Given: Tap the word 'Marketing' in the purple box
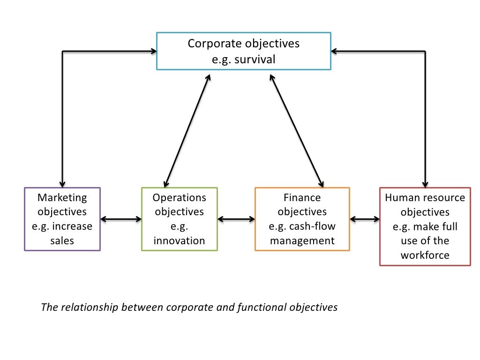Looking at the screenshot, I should click(x=62, y=197).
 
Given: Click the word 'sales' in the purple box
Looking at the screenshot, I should click(x=62, y=241).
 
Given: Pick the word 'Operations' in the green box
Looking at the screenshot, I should click(x=180, y=197).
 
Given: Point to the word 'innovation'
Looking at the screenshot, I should click(x=180, y=241).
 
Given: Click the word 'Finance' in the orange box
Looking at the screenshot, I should click(x=302, y=197).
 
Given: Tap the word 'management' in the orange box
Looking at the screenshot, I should click(x=302, y=241).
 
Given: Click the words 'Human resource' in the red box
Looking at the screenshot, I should click(x=425, y=197).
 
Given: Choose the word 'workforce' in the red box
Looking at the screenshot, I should click(x=425, y=255).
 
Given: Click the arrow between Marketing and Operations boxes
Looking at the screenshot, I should click(x=121, y=219).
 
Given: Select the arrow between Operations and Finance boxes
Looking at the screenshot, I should click(x=236, y=219).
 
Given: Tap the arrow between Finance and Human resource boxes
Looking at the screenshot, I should click(x=365, y=219).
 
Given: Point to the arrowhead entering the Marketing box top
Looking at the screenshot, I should click(x=62, y=183).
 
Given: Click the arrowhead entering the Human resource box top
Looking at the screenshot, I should click(x=425, y=183).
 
